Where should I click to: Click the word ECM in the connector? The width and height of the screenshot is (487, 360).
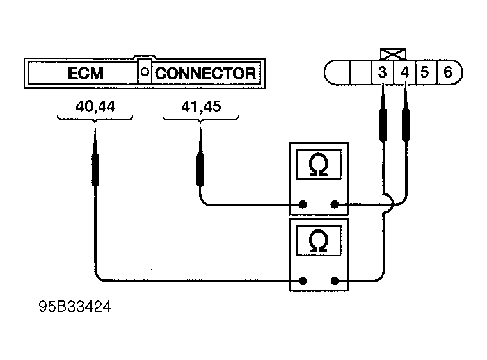click(86, 72)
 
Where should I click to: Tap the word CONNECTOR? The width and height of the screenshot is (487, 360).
click(205, 72)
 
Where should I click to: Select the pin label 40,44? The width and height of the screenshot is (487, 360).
click(95, 106)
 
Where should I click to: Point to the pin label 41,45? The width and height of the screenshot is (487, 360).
click(201, 106)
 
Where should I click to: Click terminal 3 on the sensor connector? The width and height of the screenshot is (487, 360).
click(382, 72)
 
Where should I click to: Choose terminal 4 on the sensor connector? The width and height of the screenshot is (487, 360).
click(404, 72)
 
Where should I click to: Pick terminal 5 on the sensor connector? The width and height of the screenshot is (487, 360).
click(425, 72)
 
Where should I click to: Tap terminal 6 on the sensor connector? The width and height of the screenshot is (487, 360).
click(447, 72)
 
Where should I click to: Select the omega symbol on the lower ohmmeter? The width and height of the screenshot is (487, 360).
click(318, 241)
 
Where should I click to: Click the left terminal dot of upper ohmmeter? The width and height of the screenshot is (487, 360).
click(303, 205)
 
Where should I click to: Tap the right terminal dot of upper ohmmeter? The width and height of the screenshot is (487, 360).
click(334, 205)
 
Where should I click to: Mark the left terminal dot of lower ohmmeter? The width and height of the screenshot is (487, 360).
click(303, 280)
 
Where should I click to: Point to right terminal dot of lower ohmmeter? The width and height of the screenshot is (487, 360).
click(334, 280)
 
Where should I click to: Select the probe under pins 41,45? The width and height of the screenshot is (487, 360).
click(200, 168)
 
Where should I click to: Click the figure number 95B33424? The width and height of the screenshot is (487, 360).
click(74, 308)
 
